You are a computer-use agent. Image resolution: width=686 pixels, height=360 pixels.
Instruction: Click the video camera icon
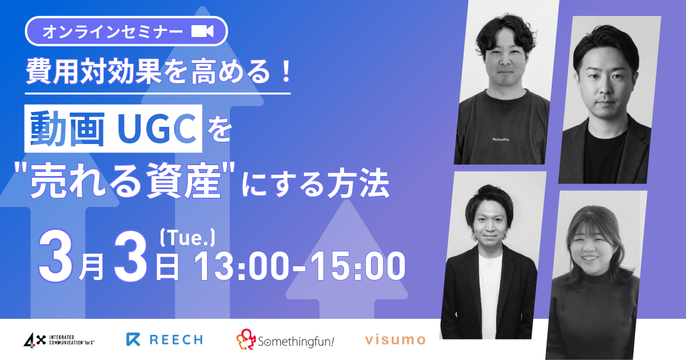click(x=202, y=31)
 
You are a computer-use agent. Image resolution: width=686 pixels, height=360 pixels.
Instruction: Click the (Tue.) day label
click(x=188, y=235)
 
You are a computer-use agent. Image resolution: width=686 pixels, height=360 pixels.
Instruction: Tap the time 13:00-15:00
click(x=301, y=267)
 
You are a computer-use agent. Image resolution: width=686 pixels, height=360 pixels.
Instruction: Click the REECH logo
click(x=165, y=339)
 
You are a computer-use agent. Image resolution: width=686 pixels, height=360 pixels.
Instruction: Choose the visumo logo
click(x=396, y=340)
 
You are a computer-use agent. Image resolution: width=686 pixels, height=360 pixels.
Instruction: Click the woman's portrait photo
click(x=598, y=274)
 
